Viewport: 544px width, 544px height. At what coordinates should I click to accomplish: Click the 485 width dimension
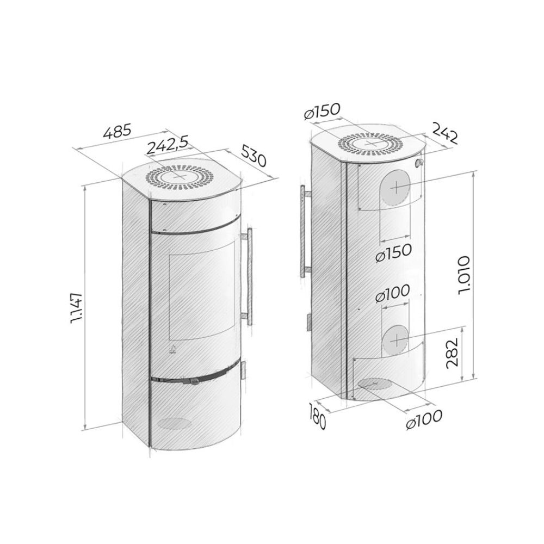(x=118, y=132)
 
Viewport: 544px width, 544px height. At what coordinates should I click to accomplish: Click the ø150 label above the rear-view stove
(x=322, y=112)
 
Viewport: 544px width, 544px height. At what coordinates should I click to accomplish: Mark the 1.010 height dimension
(x=464, y=275)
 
